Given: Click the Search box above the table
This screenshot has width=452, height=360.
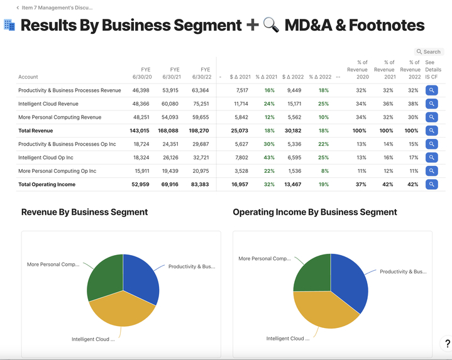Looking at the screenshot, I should (x=429, y=52).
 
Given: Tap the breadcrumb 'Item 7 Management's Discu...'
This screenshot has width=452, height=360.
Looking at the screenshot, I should (x=57, y=8).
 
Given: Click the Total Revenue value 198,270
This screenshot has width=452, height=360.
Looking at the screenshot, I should (x=201, y=131).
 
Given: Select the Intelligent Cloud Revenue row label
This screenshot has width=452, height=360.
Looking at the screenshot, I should (x=48, y=104).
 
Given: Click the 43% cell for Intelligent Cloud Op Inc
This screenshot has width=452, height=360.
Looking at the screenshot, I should (x=269, y=158).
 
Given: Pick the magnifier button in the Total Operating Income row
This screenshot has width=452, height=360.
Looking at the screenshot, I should (x=431, y=185).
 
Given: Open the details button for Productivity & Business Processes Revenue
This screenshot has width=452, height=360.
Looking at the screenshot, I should (x=431, y=90).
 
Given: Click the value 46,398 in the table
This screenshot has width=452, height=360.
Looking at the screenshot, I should (x=141, y=90).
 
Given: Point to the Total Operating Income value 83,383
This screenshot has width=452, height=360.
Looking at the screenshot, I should (x=201, y=185).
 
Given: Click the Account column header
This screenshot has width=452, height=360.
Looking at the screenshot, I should (x=28, y=77).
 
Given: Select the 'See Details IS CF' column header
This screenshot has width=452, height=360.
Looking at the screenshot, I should (x=433, y=70).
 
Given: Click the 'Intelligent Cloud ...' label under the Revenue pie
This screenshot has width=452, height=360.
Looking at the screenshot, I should (x=93, y=339).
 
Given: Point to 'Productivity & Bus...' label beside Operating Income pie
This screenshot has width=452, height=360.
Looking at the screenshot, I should (x=402, y=272).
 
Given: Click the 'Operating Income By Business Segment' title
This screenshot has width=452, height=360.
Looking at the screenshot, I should (x=315, y=212).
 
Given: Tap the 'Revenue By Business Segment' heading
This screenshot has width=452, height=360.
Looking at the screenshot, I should (x=84, y=212).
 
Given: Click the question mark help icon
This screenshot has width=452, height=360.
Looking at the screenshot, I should (x=447, y=344).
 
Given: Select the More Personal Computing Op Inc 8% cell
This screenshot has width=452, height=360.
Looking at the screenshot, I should (x=324, y=171).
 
